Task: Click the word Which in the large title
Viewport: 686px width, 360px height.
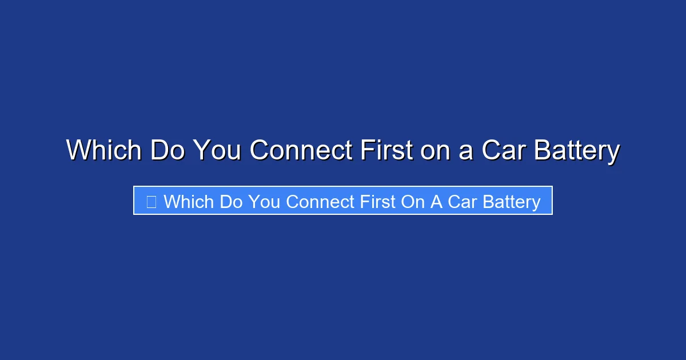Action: (103, 151)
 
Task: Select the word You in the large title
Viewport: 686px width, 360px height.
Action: (218, 151)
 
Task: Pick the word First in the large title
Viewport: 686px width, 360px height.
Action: (386, 151)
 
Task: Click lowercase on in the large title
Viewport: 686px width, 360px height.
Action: (434, 151)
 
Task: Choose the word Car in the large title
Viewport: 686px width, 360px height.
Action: (501, 151)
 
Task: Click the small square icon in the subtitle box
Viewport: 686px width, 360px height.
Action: (151, 202)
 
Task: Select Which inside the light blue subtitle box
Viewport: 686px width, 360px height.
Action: (188, 202)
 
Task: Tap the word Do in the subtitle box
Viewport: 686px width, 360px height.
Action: (230, 202)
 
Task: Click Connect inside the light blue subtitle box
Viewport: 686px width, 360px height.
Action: (320, 202)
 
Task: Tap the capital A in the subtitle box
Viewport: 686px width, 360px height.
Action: (436, 202)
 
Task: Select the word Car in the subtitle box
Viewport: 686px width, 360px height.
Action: (461, 202)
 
